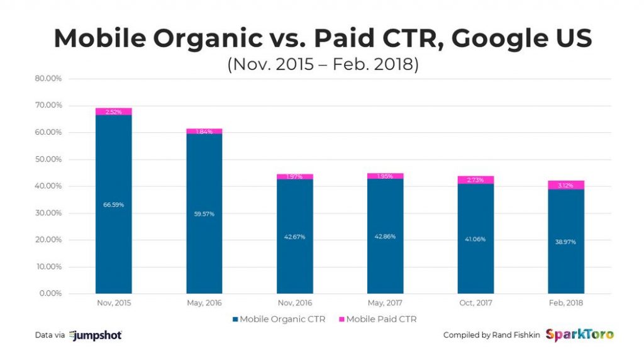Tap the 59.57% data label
[x=204, y=213]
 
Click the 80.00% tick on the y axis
[x=47, y=79]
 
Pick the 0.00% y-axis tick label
[x=49, y=293]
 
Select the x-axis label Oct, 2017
[x=475, y=303]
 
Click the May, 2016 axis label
[x=204, y=303]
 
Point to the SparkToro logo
[x=579, y=334]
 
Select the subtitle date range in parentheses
[x=322, y=65]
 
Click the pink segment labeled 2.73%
[x=475, y=180]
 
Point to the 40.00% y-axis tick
[x=47, y=186]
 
